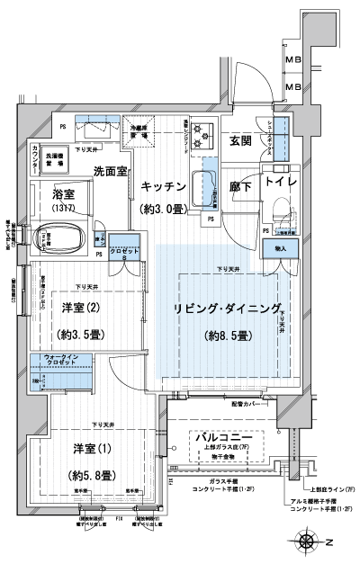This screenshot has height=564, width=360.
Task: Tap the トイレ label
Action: tap(281, 179)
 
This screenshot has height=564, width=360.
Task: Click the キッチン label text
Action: tap(163, 185)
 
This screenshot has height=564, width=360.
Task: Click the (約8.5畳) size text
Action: tap(226, 336)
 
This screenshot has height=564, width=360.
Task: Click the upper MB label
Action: tap(292, 61)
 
